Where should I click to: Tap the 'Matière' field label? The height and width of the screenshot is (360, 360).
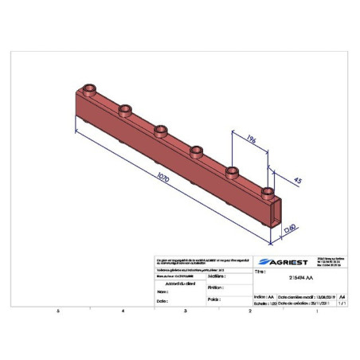pos(214,276)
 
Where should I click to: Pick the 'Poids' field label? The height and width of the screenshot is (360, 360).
pos(212,300)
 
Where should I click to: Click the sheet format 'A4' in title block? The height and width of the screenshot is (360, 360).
pos(343,294)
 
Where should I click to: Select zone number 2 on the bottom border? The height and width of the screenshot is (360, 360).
pos(249,311)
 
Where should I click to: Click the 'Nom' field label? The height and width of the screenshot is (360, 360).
pos(162,292)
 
